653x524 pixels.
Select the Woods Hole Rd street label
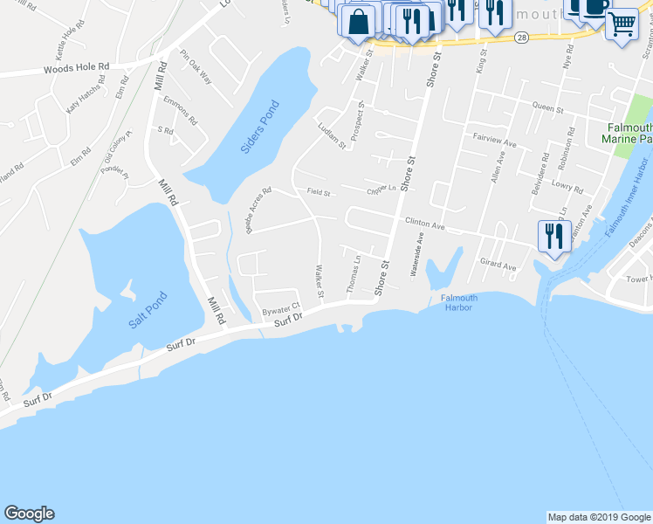(x=79, y=67)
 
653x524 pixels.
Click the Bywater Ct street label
(x=281, y=310)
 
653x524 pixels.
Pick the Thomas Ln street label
(x=354, y=273)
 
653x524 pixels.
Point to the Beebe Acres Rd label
(x=258, y=210)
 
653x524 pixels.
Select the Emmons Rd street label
(x=182, y=111)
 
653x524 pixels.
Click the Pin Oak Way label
(x=196, y=65)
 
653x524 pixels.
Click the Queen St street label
(x=547, y=107)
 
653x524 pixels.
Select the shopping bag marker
(x=358, y=21)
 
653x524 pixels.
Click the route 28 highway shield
(x=521, y=38)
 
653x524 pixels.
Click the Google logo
(x=29, y=514)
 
